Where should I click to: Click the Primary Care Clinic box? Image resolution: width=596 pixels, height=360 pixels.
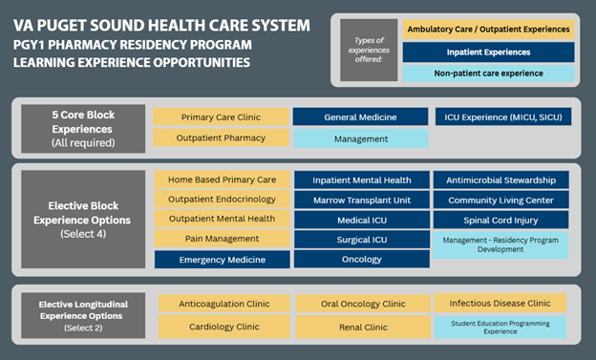[x=220, y=116]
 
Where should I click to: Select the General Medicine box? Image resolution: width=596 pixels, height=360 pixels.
[x=360, y=116]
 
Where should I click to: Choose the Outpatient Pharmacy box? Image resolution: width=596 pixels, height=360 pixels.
[x=220, y=138]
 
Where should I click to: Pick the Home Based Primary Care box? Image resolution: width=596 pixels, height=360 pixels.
[x=220, y=180]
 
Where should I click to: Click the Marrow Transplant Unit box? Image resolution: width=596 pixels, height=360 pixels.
[x=360, y=200]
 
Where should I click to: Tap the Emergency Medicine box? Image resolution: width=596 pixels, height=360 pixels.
[x=220, y=260]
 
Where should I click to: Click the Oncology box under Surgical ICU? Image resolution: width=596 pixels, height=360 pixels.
[x=360, y=260]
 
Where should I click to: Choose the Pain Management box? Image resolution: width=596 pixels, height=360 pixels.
[x=220, y=240]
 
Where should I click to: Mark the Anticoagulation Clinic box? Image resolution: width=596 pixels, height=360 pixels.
[x=220, y=304]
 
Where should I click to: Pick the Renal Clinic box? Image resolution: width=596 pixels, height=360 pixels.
[x=360, y=326]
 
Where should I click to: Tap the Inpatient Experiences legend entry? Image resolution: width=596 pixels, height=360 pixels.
[x=488, y=52]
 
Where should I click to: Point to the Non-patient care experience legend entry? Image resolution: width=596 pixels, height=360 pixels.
[x=488, y=73]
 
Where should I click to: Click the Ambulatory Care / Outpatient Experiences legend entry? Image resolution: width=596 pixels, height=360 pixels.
[x=488, y=30]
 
